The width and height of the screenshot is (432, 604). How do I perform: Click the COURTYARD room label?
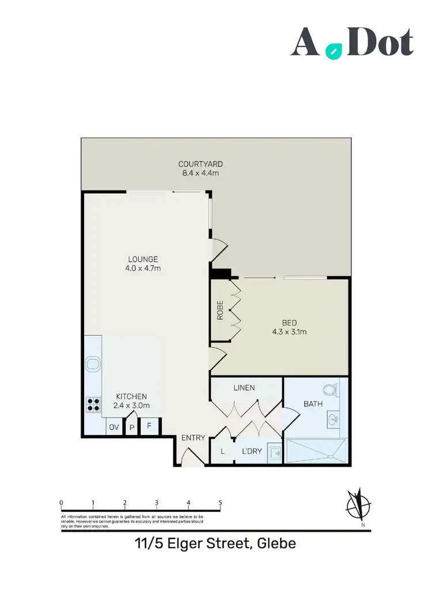point(200,164)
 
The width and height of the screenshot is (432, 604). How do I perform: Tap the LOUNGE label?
point(143,259)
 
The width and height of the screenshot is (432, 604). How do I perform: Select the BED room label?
point(290,323)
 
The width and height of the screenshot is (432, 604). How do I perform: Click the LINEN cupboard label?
point(244,388)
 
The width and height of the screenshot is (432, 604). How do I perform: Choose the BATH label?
point(313,404)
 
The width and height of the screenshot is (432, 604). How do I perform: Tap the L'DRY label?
point(252,452)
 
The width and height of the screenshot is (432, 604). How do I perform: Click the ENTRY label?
point(193,438)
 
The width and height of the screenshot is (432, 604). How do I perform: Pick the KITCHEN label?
point(132,396)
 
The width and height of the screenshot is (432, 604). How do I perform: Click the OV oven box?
point(113,427)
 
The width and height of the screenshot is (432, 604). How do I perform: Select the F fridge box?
point(149,427)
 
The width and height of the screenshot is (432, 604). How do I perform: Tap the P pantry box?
point(131,427)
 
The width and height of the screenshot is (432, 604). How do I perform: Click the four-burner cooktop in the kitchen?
point(93,404)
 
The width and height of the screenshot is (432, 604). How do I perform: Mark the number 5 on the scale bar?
point(221,502)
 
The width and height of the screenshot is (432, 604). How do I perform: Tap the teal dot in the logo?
point(332,51)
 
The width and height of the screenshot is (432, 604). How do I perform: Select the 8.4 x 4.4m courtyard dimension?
point(200,173)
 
